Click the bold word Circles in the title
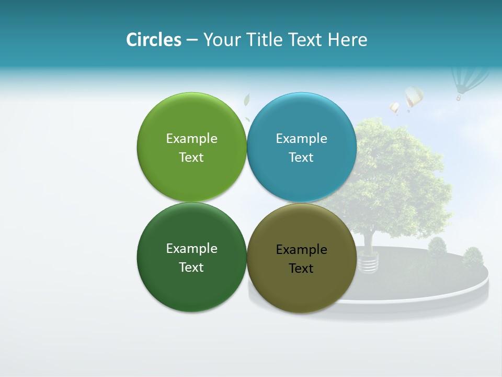(154, 40)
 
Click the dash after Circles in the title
(192, 40)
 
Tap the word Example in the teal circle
(301, 139)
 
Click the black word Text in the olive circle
(301, 269)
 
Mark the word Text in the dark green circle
(191, 268)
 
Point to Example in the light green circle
(191, 139)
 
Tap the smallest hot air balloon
(394, 108)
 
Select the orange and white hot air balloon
(413, 97)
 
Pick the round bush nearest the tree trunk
(437, 247)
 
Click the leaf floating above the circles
(247, 100)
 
